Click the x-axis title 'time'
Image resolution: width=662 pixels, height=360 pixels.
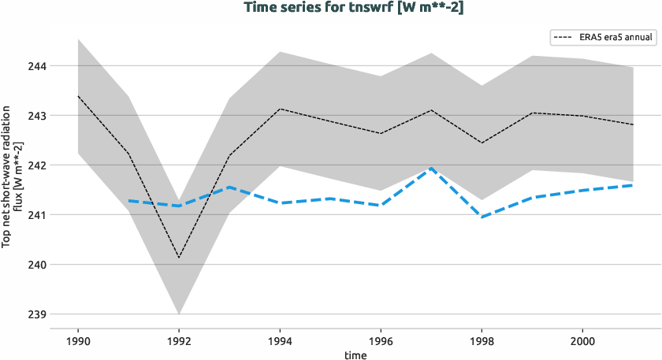tap(355, 354)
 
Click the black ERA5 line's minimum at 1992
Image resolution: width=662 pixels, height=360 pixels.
tap(179, 258)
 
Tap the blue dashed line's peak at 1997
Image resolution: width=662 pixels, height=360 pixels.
tap(431, 168)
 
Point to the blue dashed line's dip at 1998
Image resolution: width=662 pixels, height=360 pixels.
tap(482, 217)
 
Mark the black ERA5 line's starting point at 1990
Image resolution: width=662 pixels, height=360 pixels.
tap(78, 96)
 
